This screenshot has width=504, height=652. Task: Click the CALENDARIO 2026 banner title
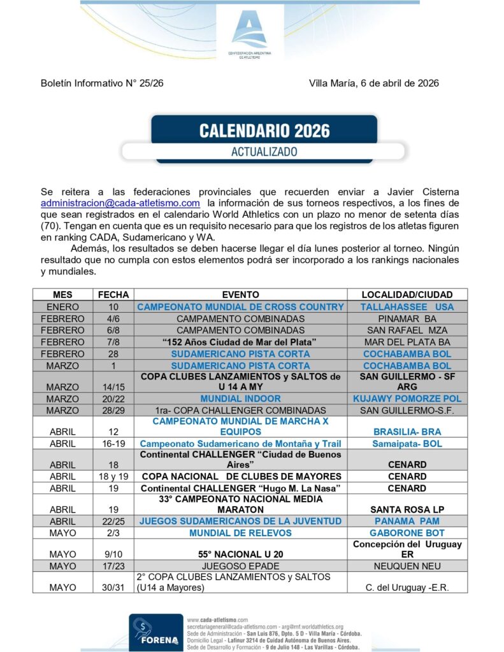(264, 131)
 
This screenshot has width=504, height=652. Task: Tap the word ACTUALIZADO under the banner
(264, 152)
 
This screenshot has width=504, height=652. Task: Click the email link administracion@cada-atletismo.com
(120, 202)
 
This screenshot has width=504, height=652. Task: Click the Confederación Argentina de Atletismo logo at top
(250, 32)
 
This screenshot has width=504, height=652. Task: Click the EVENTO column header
(240, 295)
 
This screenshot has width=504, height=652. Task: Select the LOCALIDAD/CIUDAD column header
(407, 295)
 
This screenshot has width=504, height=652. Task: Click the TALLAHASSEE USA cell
(407, 307)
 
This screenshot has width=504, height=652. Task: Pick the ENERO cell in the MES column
(63, 307)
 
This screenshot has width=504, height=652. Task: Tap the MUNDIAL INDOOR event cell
(240, 399)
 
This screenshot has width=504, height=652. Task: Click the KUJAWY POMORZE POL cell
(407, 399)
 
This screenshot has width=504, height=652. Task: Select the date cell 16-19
(113, 443)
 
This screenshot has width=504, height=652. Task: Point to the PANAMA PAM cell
(407, 521)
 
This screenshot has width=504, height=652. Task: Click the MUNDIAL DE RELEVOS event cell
(240, 532)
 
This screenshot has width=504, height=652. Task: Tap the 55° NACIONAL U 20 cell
(240, 554)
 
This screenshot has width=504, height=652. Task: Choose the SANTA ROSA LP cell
(407, 509)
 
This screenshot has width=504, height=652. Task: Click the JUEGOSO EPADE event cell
(240, 565)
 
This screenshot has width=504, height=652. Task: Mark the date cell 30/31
(113, 587)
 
